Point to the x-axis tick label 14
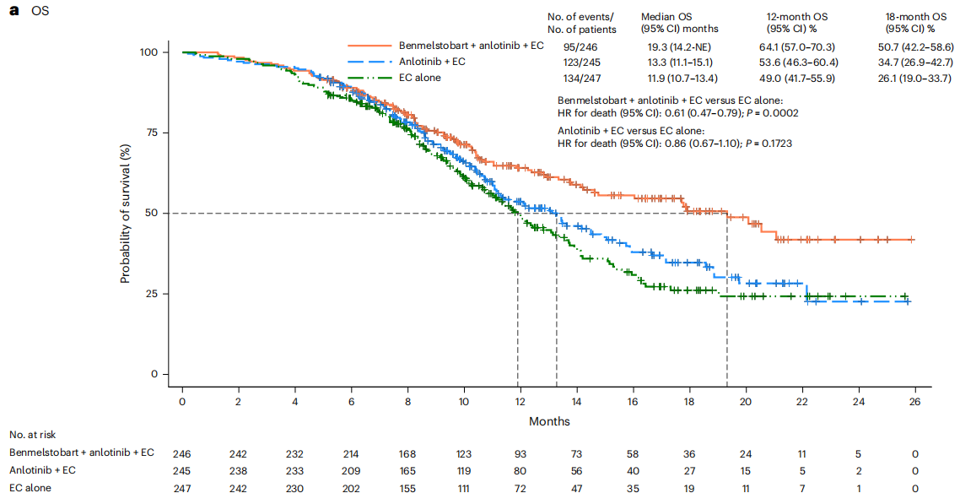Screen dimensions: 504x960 [x=576, y=402]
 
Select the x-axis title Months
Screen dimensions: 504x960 [x=549, y=420]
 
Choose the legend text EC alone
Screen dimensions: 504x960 [x=419, y=79]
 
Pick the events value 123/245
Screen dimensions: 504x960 [x=581, y=62]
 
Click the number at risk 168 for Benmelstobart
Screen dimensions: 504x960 [x=407, y=453]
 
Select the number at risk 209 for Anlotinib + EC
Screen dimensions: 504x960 [x=351, y=469]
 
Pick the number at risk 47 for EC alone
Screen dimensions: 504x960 [x=576, y=487]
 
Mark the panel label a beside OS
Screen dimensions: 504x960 [x=13, y=14]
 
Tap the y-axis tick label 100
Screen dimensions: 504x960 [x=148, y=52]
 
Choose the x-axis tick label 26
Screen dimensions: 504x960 [x=914, y=402]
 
